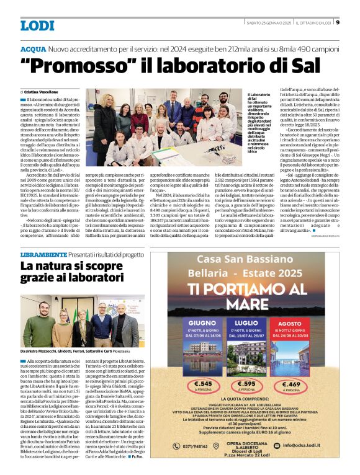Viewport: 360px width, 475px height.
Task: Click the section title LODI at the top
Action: click(37, 25)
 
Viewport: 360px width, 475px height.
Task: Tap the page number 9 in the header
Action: click(338, 23)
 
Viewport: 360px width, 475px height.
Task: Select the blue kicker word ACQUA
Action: click(33, 48)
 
